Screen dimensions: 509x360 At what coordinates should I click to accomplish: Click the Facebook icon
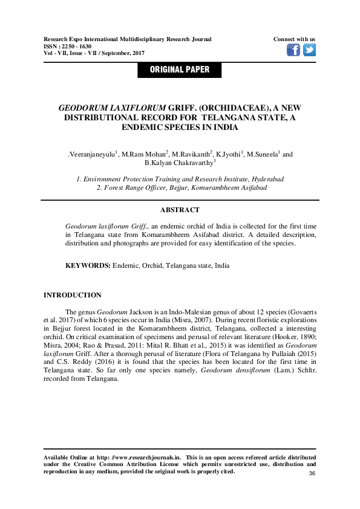[x=293, y=50]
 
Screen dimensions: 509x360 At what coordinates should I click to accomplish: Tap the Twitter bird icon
[x=309, y=50]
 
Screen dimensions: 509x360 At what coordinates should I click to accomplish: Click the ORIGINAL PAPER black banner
[x=180, y=70]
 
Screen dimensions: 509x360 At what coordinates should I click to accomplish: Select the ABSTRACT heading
[x=180, y=210]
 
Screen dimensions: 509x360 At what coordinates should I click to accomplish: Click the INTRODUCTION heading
[x=73, y=295]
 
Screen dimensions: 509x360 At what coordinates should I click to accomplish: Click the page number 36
[x=312, y=473]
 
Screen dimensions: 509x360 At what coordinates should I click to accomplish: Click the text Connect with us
[x=294, y=39]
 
